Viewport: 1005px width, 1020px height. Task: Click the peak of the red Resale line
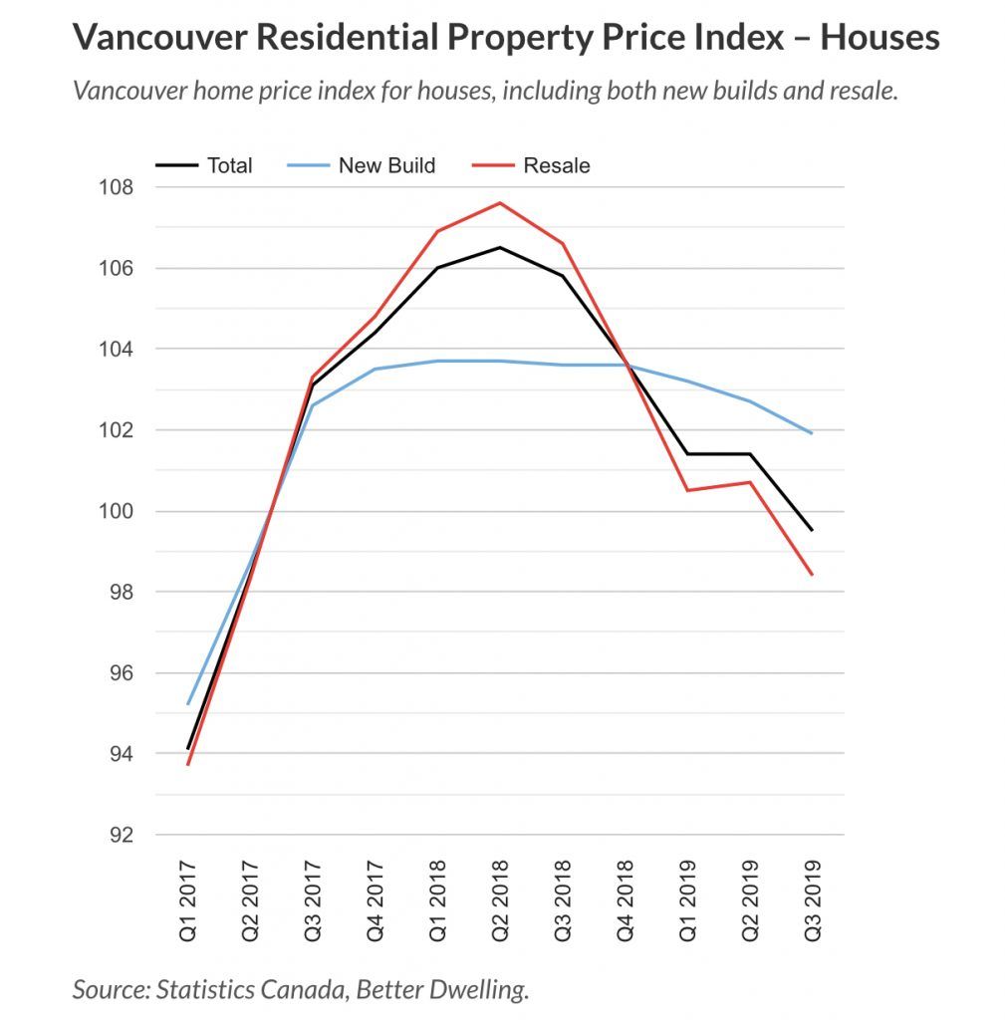[x=500, y=203]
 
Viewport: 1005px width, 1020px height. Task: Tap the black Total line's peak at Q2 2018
[x=500, y=248]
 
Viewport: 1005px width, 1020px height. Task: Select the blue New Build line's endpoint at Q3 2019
[x=812, y=433]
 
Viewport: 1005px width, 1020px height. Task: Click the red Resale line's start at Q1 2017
[x=188, y=764]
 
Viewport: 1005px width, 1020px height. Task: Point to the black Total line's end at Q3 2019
[x=812, y=530]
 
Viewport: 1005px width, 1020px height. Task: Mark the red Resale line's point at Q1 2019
[x=687, y=490]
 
